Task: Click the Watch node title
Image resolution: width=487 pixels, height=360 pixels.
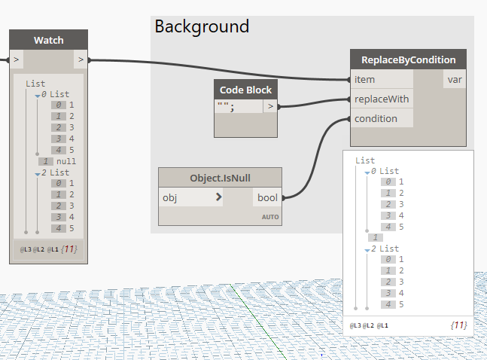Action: (48, 40)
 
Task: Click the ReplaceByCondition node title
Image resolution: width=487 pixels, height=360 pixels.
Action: (409, 59)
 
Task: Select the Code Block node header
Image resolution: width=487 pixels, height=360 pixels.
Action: (245, 90)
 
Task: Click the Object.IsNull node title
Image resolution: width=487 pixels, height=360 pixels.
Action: (221, 178)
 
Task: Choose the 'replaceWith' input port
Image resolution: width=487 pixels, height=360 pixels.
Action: (382, 99)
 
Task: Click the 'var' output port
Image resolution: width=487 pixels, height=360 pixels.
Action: (455, 79)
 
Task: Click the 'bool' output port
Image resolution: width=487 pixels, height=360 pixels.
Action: (267, 197)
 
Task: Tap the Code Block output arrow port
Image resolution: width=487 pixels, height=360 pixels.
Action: (270, 106)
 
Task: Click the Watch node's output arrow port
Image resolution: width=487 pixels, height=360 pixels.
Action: (81, 59)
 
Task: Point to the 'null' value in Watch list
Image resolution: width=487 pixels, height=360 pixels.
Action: (66, 161)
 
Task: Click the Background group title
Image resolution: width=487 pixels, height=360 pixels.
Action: (202, 26)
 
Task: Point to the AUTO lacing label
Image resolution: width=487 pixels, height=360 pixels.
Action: (270, 217)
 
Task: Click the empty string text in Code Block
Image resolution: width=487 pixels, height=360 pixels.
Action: (226, 107)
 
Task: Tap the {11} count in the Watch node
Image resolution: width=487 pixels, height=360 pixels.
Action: (69, 249)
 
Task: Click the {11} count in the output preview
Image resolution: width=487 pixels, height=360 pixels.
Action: (459, 325)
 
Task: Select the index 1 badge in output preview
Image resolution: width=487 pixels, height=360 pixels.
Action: (376, 237)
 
